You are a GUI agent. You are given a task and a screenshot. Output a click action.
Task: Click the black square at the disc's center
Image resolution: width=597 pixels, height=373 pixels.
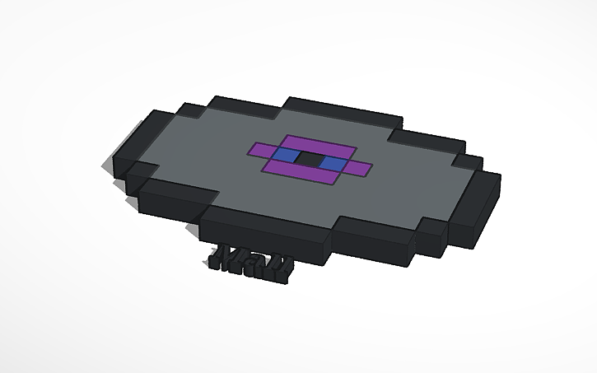[308, 158]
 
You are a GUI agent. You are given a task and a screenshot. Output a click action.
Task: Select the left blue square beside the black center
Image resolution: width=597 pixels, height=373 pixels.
[283, 155]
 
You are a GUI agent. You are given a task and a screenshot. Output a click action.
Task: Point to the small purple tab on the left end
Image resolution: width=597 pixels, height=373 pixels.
[259, 150]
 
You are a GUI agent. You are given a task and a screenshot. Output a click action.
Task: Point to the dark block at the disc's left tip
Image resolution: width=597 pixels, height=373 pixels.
[124, 156]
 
